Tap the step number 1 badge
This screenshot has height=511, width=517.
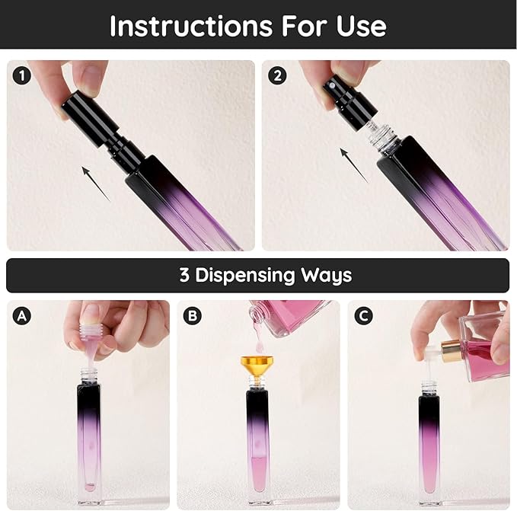[x=21, y=75]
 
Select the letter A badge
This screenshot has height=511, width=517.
[x=21, y=315]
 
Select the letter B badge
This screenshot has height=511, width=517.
[x=191, y=315]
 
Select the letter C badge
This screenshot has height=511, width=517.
[x=362, y=315]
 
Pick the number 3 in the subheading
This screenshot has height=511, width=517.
[x=184, y=275]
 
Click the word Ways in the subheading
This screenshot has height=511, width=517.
[x=330, y=275]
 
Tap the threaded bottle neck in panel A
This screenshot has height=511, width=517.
[x=88, y=375]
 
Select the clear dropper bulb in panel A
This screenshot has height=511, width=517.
[x=91, y=336]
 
